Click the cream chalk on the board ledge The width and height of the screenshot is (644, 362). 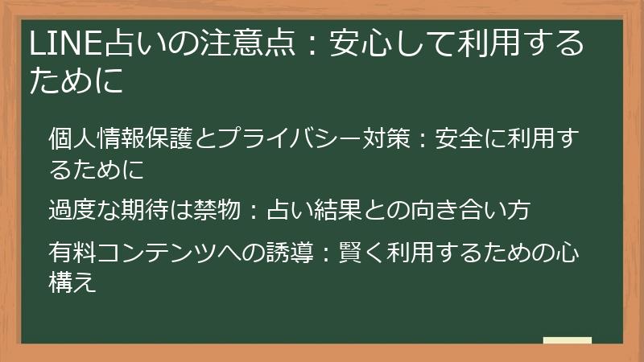567,340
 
